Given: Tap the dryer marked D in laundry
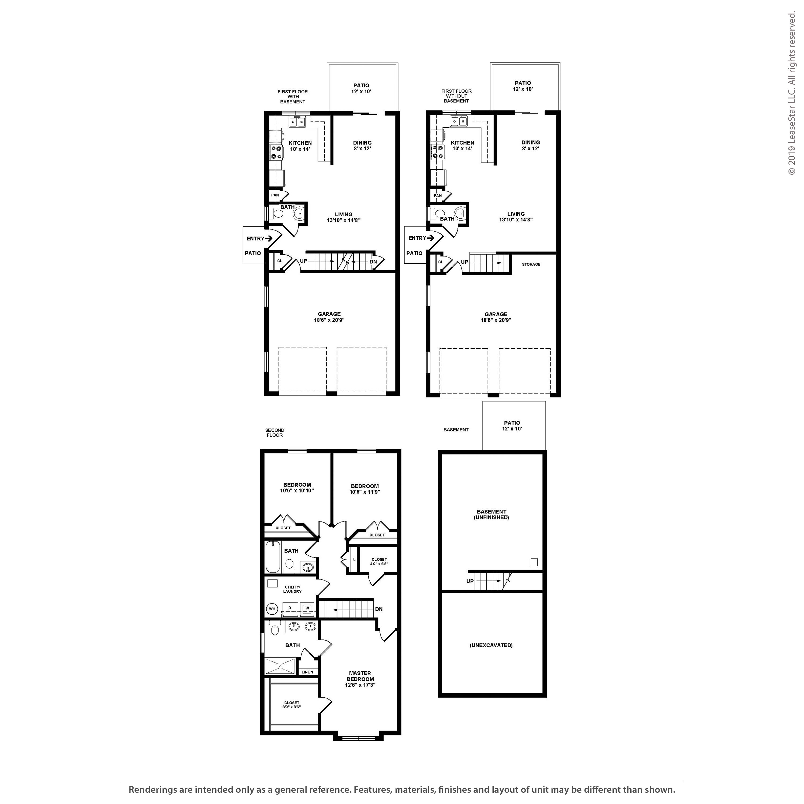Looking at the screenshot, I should click(x=290, y=608).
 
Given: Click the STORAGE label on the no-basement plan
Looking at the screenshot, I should click(x=531, y=264).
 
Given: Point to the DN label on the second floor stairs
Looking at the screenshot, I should click(x=379, y=609).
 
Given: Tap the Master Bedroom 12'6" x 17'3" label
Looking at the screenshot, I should click(x=360, y=679).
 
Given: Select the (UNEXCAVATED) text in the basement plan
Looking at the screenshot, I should click(x=491, y=645).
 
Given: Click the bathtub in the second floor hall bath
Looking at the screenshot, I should click(x=273, y=556).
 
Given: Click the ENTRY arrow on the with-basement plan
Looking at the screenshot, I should click(x=269, y=239).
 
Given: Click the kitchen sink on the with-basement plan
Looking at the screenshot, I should click(x=297, y=122).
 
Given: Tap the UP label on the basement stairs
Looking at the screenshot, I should click(x=470, y=581).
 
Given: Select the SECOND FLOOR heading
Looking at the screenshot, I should click(x=275, y=433).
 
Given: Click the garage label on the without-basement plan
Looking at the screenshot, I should click(x=496, y=317).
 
